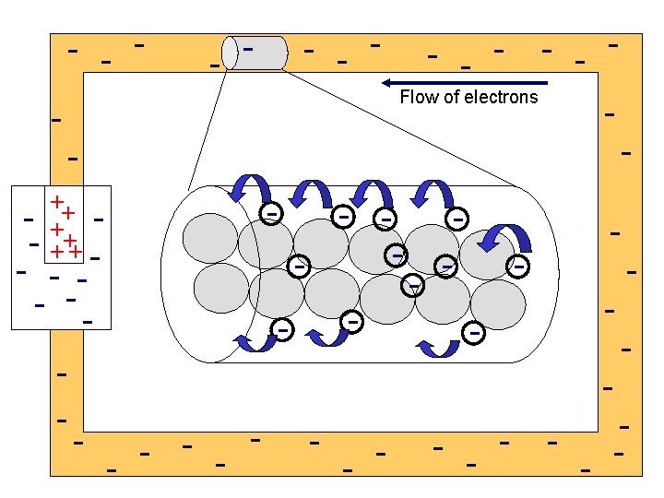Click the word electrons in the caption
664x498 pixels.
(x=501, y=97)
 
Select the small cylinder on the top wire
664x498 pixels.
(x=255, y=53)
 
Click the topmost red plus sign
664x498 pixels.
(x=56, y=200)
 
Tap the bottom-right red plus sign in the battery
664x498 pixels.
(x=76, y=252)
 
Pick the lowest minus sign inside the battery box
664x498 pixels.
(x=88, y=321)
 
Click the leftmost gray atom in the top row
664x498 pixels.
(x=210, y=238)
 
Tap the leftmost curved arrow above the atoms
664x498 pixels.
(x=247, y=188)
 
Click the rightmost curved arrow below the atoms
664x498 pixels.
(x=439, y=347)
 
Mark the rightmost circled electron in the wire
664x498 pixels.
(x=519, y=266)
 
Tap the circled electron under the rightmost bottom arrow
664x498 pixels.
(x=475, y=330)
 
